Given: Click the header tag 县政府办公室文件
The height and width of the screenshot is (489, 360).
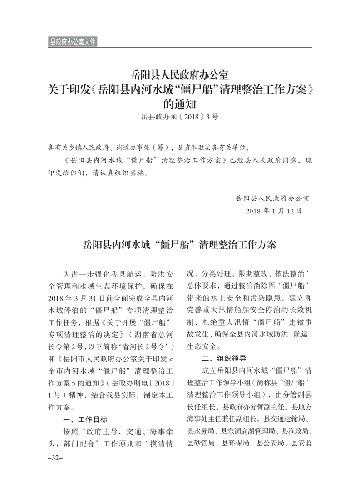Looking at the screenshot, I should pos(72,42).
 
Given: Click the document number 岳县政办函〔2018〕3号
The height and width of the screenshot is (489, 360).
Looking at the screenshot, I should pos(180,117).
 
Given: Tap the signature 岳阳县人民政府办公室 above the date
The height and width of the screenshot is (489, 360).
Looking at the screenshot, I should pos(272,198).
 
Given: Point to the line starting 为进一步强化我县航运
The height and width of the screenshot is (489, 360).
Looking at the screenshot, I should pos(118,275).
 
